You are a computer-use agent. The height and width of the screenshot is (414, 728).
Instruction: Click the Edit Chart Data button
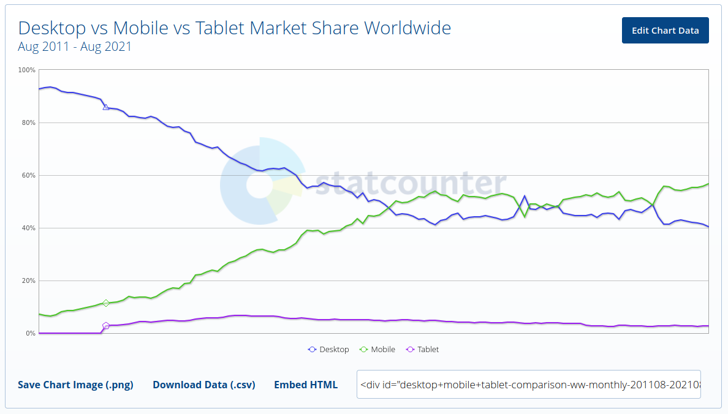665,31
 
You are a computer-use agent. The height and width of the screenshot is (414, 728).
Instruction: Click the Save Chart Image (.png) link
75,385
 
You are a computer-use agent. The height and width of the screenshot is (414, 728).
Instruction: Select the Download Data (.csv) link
203,385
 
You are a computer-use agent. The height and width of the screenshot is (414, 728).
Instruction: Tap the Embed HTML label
305,385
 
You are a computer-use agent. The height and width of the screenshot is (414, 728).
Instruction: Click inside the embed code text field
528,385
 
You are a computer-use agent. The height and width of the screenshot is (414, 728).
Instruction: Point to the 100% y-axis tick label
27,70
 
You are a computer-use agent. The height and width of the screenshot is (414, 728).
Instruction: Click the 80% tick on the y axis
28,122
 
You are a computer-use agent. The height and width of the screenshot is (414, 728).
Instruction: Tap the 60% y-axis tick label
28,175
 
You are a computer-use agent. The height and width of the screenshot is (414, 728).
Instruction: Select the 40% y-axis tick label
28,228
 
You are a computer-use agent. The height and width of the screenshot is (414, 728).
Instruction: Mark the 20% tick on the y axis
28,280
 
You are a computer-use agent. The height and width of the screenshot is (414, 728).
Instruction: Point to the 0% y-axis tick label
30,333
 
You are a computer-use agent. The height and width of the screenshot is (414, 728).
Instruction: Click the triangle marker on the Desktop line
106,107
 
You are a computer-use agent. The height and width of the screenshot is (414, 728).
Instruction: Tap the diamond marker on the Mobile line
106,303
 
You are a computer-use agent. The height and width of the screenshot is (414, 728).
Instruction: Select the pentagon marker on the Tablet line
106,326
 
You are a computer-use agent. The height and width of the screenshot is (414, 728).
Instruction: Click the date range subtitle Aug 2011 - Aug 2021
75,47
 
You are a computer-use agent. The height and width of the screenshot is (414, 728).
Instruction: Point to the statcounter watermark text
411,184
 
